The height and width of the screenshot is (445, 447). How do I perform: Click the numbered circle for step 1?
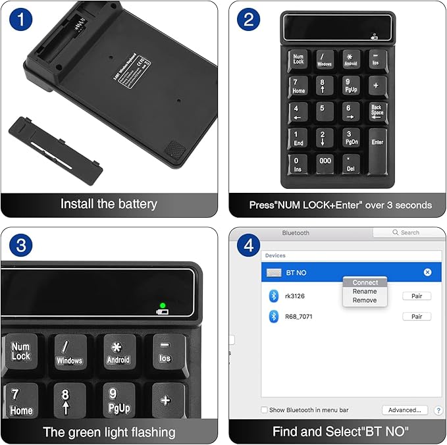coord(21,19)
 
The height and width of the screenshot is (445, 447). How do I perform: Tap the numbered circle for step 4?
coord(248,246)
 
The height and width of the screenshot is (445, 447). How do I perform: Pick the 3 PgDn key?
coord(351,137)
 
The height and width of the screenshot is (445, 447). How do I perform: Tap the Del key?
coord(351,163)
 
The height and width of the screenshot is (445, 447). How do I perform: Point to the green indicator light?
coord(162,305)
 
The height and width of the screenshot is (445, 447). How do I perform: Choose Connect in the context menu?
coord(365,282)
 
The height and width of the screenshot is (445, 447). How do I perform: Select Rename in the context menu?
coord(365,291)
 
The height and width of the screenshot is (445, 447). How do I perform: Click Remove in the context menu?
coord(365,300)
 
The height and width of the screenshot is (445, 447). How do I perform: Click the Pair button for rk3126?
coord(416,296)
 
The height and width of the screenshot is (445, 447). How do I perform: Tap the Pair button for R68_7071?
coord(416,317)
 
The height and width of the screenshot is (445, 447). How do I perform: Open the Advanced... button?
coord(404,410)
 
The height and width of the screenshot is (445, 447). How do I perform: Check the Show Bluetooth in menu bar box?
coord(265,410)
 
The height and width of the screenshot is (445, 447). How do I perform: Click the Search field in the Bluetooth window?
coord(408,232)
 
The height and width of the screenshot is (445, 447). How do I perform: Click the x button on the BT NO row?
coord(427,272)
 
